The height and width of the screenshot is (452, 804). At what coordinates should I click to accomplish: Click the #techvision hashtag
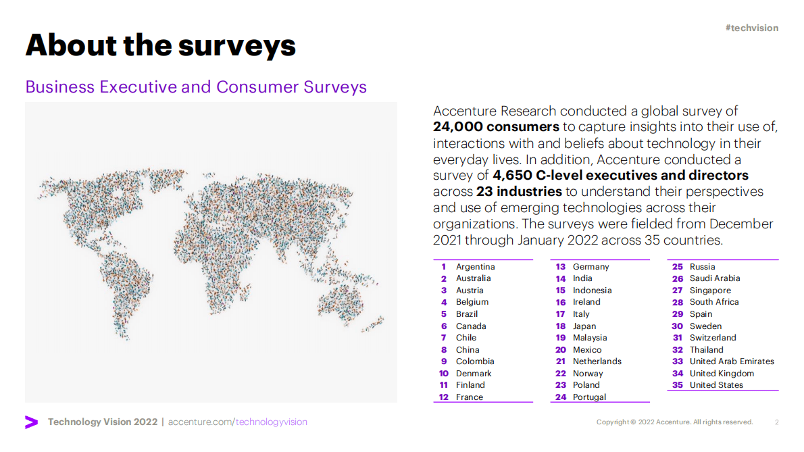(751, 28)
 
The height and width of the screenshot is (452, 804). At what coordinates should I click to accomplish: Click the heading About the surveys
(161, 45)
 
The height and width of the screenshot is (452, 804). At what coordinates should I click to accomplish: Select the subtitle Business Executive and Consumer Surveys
(196, 87)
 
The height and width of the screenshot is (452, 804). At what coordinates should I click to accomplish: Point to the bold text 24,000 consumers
(496, 127)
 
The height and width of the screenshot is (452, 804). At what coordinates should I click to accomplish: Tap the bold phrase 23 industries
(519, 191)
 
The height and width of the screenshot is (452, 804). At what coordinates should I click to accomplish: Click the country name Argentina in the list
(475, 267)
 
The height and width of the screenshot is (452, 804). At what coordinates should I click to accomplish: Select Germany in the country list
(591, 267)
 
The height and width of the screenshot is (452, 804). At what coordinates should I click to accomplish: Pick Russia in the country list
(702, 267)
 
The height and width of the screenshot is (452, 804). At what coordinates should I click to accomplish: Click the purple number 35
(677, 385)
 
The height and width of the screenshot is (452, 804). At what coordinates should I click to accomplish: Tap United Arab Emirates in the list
(732, 361)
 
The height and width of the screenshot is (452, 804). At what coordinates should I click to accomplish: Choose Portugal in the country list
(589, 397)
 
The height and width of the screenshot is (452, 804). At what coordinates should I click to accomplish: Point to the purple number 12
(443, 397)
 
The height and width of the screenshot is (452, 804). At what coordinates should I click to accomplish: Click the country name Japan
(584, 326)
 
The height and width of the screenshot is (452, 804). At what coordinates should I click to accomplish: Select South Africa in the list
(714, 302)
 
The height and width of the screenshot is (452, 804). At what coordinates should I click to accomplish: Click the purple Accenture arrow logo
(31, 422)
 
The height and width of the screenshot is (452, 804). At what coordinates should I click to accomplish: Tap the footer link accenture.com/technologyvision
(237, 422)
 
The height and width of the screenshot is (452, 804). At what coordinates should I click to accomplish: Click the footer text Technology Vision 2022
(102, 422)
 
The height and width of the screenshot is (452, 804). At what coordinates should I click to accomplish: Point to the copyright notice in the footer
(674, 422)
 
